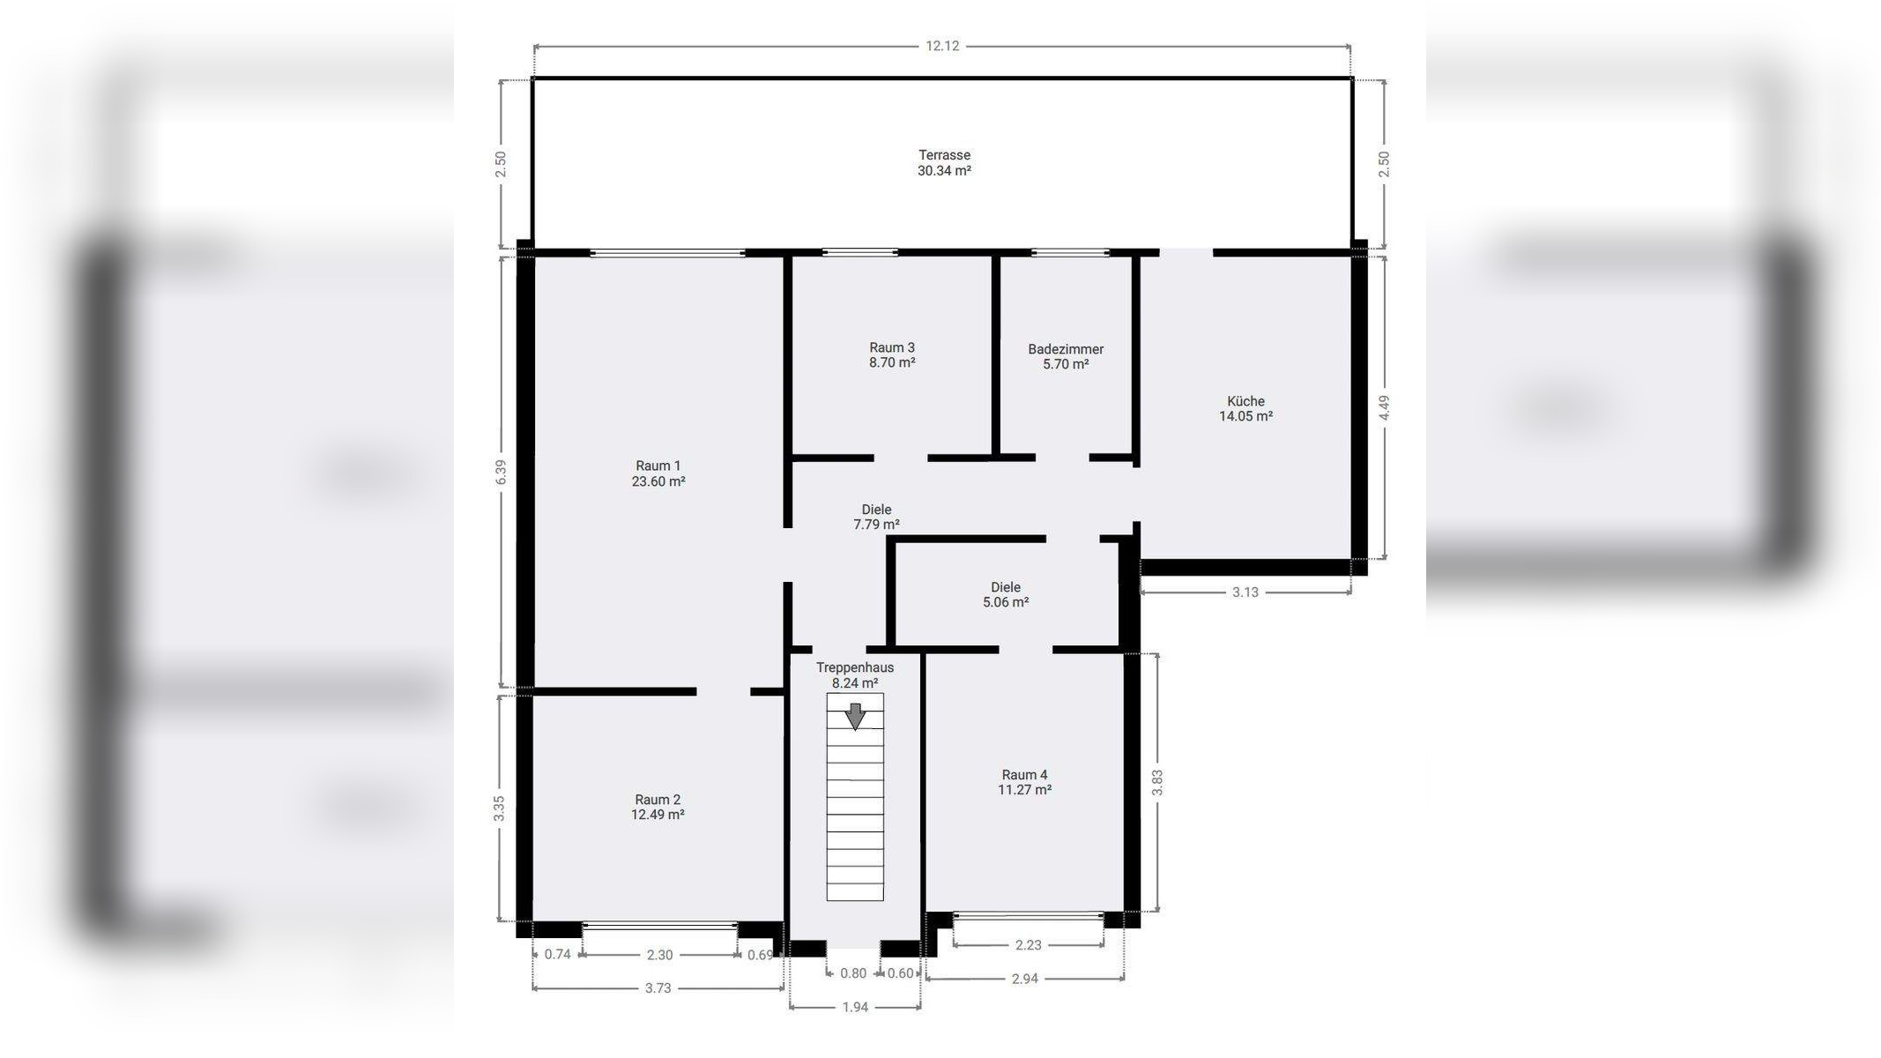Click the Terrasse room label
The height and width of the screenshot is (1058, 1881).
(x=944, y=155)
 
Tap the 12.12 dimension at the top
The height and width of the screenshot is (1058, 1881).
(x=942, y=46)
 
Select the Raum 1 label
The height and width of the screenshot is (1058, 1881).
(x=658, y=466)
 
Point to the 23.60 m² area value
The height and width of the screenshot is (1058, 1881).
(x=658, y=481)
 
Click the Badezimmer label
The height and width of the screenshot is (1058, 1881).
(x=1066, y=349)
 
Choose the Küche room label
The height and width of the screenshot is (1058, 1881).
(x=1245, y=401)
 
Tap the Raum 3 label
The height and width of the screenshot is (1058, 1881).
(x=892, y=347)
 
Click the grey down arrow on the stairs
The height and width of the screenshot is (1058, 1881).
(x=855, y=716)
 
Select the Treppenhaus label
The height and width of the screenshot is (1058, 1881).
(x=855, y=667)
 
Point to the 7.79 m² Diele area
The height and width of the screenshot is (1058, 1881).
(x=876, y=525)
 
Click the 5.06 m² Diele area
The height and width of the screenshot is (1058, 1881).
(x=1006, y=602)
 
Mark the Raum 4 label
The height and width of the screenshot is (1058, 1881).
(x=1024, y=775)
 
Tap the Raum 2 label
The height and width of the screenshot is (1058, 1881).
(x=658, y=800)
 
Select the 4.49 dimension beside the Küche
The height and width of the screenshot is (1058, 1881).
(x=1384, y=407)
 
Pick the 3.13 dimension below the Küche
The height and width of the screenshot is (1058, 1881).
(x=1245, y=592)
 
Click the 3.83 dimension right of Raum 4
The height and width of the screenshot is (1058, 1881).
(x=1157, y=782)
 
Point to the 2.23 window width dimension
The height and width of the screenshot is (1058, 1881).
(x=1029, y=945)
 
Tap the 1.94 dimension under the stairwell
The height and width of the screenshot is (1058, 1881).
(x=855, y=1007)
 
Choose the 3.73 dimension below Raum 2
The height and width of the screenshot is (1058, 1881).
(x=658, y=988)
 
